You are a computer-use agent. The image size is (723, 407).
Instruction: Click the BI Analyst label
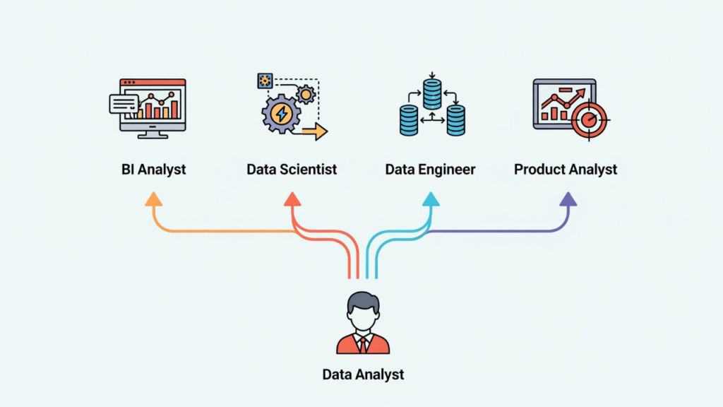[x=153, y=170]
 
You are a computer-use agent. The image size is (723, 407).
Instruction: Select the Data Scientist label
[x=292, y=170]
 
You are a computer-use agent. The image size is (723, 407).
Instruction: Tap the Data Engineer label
[x=430, y=170]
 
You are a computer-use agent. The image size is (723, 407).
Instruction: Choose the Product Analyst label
[x=566, y=170]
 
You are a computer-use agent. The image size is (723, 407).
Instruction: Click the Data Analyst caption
[x=363, y=374]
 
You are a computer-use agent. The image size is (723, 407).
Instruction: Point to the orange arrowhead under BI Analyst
[x=153, y=200]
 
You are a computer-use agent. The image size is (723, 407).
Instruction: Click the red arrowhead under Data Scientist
[x=292, y=200]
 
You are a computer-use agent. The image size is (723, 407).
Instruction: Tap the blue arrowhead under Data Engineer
[x=431, y=200]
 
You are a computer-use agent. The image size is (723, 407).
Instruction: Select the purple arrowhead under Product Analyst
[x=568, y=200]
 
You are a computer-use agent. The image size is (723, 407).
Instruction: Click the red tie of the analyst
[x=363, y=344]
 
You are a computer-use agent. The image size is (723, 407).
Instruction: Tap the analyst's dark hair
[x=363, y=301]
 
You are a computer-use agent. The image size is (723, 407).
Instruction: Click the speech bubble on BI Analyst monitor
[x=124, y=104]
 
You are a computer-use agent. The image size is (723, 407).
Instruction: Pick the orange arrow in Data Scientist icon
[x=313, y=131]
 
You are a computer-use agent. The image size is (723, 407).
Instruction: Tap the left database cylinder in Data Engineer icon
[x=409, y=120]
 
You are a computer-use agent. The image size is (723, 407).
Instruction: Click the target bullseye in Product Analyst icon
[x=587, y=120]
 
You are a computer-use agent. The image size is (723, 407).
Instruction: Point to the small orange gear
[x=305, y=94]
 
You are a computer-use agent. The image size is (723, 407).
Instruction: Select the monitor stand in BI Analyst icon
[x=153, y=133]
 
